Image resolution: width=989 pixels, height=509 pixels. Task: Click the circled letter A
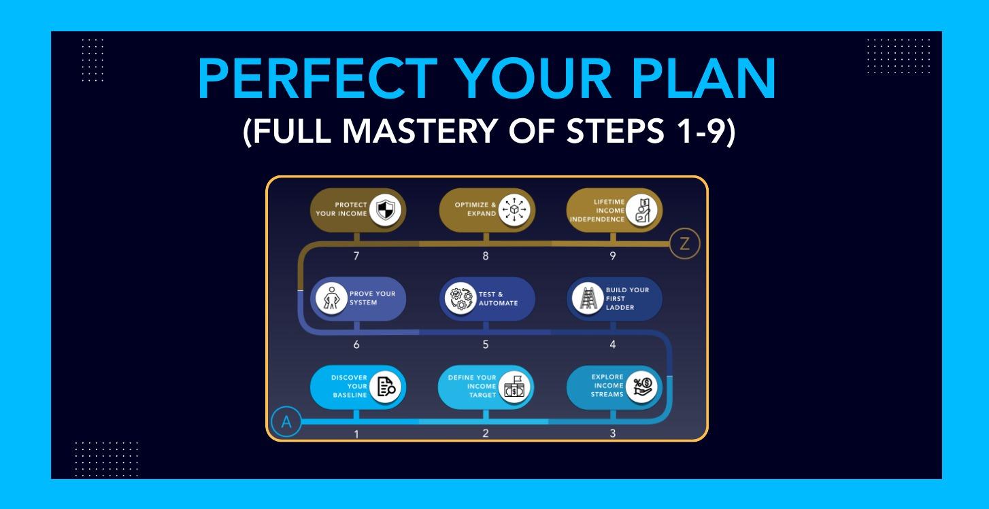[286, 422]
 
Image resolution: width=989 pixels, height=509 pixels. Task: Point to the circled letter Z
[684, 245]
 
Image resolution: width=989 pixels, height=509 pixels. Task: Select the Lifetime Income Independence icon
[643, 209]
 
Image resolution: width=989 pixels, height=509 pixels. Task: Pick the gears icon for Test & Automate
[459, 298]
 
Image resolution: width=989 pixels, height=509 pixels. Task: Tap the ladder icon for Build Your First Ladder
[585, 298]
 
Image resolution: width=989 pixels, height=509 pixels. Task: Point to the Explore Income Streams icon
[642, 386]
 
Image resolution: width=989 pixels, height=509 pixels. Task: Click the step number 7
[356, 256]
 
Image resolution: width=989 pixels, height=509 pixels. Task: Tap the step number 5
[485, 345]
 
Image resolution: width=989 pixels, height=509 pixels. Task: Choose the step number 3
[613, 434]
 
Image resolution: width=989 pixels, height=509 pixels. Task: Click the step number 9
[613, 256]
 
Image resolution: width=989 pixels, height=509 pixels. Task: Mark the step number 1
[356, 434]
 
